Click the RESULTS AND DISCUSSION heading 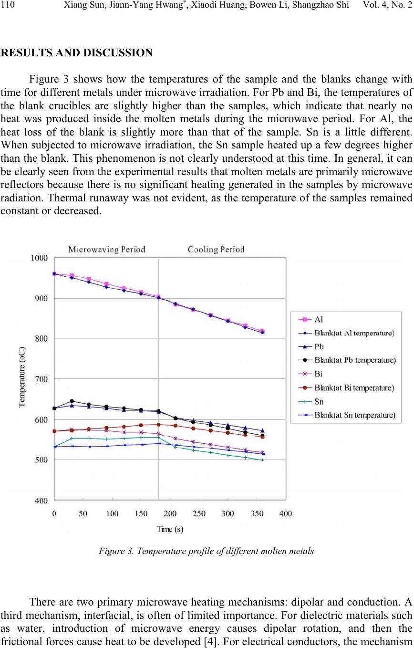(x=77, y=52)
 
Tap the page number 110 (x=8, y=5)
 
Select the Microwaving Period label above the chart (x=107, y=250)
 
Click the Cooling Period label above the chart (x=216, y=250)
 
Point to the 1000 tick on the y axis (x=39, y=258)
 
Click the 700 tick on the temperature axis (x=41, y=379)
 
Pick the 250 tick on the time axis (x=199, y=513)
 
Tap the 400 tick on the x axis (x=285, y=513)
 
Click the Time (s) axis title (x=170, y=529)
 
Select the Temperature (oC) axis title (x=22, y=376)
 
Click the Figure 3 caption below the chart (x=207, y=551)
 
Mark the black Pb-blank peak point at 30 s (x=72, y=401)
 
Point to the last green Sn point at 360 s (x=262, y=460)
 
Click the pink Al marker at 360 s (x=262, y=331)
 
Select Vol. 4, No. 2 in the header (x=387, y=5)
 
